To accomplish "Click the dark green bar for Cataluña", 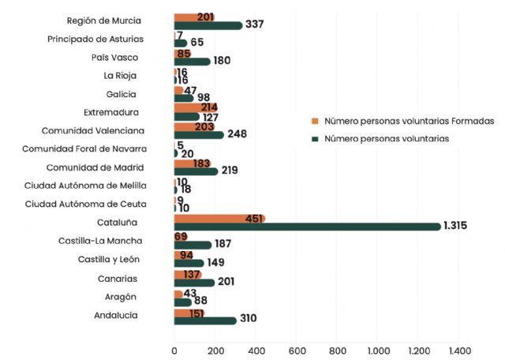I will [x=308, y=227].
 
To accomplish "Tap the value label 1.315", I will [x=455, y=226].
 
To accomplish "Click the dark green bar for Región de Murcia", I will [x=208, y=25].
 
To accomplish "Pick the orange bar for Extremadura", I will [x=195, y=108].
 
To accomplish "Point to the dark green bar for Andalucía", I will [x=205, y=320].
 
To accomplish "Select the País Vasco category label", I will [x=116, y=57].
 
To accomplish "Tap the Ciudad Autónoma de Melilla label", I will [x=85, y=186].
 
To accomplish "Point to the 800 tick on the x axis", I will [x=337, y=351].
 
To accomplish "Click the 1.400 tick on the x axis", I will [x=459, y=351].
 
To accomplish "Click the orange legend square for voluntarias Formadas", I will [x=315, y=122].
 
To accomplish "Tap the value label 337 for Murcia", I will [x=254, y=24].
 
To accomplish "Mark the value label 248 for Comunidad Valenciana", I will [x=237, y=134].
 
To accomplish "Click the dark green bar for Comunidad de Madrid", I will [x=196, y=171].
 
